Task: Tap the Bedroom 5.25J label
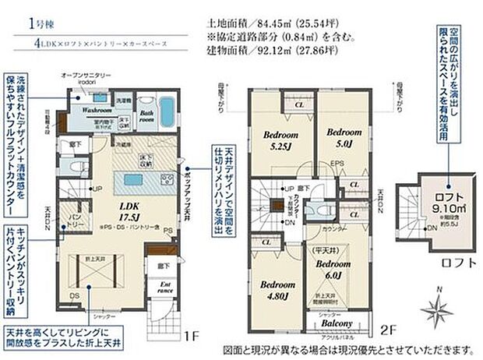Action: tap(278, 138)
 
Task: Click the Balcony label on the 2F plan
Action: tap(335, 323)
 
